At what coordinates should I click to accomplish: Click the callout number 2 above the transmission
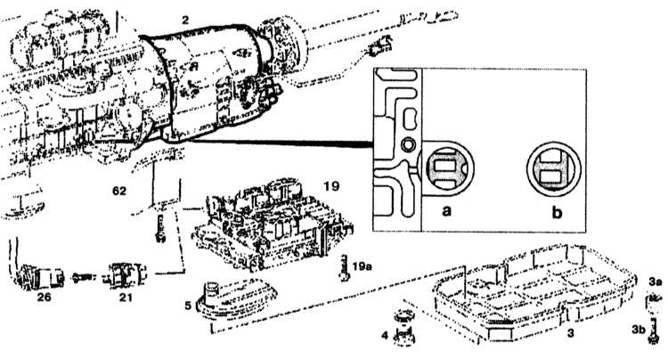click(x=185, y=20)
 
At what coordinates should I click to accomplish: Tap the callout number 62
click(x=119, y=191)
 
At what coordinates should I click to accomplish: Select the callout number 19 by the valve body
click(x=331, y=185)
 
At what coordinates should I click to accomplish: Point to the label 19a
click(x=363, y=266)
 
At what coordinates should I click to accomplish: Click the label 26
click(x=44, y=297)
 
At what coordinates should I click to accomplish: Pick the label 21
click(x=126, y=297)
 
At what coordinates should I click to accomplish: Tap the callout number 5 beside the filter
click(x=188, y=305)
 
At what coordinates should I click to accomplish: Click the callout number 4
click(x=385, y=335)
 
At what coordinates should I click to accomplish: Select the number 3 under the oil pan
click(x=571, y=332)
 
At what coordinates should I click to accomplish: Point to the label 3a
click(x=656, y=282)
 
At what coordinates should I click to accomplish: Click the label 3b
click(x=639, y=330)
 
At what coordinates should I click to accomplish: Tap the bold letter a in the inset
click(x=446, y=210)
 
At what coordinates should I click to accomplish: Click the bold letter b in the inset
click(x=557, y=212)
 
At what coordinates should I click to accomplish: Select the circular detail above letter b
click(x=553, y=168)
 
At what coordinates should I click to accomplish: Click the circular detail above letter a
click(x=447, y=168)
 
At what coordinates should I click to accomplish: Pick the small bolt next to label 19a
click(x=345, y=267)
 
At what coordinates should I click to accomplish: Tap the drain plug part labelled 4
click(x=403, y=327)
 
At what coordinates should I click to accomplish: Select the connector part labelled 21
click(x=125, y=275)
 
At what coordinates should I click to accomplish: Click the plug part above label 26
click(x=39, y=276)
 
